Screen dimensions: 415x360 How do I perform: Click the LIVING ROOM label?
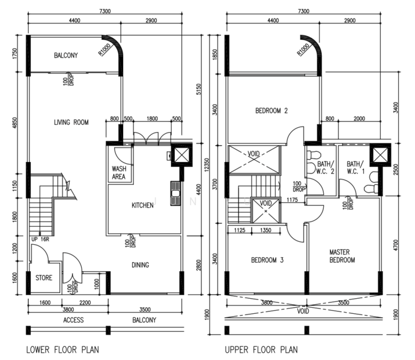point(71,122)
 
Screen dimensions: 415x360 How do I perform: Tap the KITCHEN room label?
point(142,205)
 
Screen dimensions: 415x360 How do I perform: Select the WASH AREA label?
point(119,173)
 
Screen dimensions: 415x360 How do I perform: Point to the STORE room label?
point(44,278)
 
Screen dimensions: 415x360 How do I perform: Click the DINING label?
point(141,265)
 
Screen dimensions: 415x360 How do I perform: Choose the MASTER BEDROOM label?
point(342,256)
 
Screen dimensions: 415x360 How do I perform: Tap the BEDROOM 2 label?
point(271,110)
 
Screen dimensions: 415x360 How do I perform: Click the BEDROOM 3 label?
point(267,260)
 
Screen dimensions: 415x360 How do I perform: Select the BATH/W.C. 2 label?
point(326,168)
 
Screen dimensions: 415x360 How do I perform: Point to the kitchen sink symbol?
point(175,193)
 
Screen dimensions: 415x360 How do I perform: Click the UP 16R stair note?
point(40,239)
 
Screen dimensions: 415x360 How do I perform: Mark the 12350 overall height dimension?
point(207,164)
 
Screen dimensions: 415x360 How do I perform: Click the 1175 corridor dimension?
point(292,200)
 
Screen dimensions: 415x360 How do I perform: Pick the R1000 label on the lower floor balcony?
point(104,50)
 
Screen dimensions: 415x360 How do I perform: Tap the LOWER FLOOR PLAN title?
point(62,350)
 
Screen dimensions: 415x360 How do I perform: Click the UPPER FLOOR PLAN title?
point(261,350)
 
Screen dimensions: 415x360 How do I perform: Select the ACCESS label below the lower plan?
point(73,320)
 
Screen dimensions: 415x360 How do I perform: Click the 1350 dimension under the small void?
point(265,230)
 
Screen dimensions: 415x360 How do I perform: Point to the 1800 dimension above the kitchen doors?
point(152,119)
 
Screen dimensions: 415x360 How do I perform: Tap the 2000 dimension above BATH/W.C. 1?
point(359,119)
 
